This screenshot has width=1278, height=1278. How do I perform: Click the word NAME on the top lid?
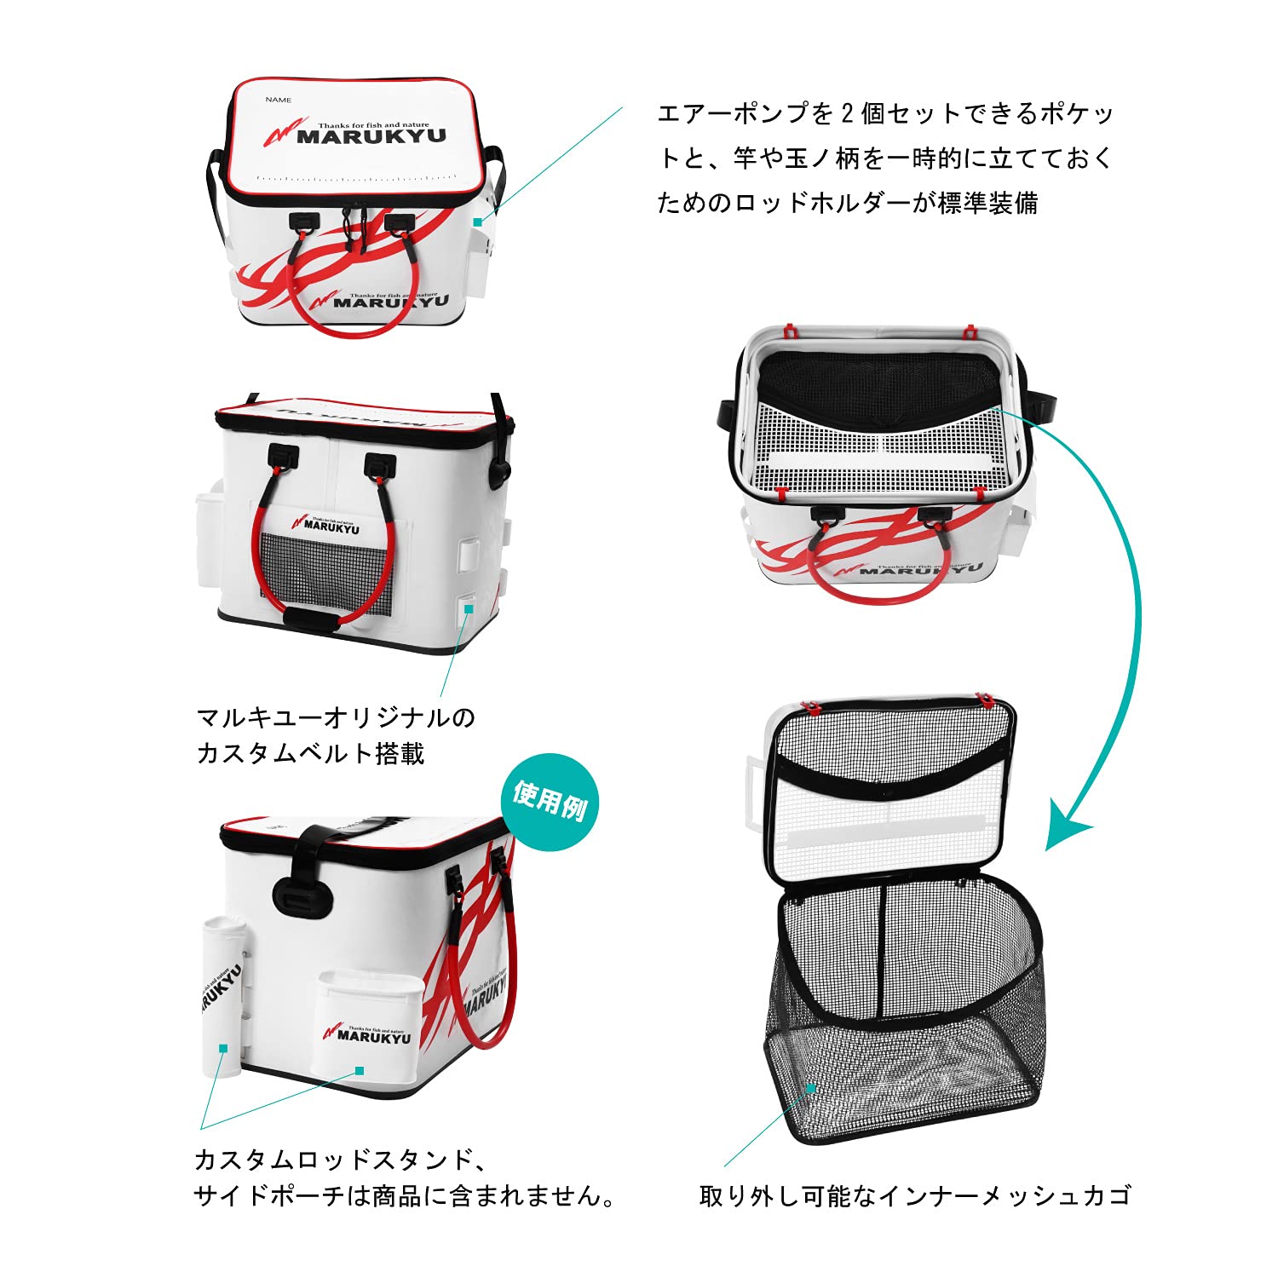[x=278, y=100]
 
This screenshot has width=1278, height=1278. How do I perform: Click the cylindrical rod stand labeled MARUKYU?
[x=222, y=997]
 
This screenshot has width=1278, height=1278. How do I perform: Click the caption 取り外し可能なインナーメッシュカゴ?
[x=914, y=1195]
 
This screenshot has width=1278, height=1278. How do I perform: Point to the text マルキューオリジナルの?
[x=336, y=717]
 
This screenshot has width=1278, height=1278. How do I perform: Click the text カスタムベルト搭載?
[x=310, y=753]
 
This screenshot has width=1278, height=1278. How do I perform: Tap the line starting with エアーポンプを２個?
[x=885, y=113]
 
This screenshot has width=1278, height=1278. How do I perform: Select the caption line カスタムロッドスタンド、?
[x=341, y=1160]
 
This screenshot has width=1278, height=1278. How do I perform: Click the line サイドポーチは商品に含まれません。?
[x=406, y=1196]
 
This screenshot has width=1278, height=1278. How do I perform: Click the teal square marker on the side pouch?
[x=360, y=1071]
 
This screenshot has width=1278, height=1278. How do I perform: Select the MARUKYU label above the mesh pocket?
[x=327, y=525]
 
